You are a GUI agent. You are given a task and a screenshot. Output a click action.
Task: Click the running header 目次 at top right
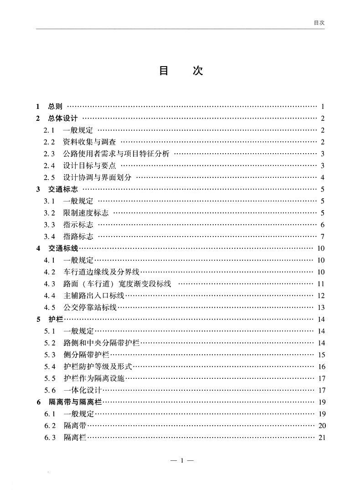[x=319, y=22]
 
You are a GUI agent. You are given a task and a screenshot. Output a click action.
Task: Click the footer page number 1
[x=182, y=460]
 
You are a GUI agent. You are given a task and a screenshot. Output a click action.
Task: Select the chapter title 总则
[x=55, y=107]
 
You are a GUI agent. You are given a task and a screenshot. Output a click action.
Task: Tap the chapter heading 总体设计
[x=63, y=119]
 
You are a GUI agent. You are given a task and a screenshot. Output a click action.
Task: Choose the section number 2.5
[x=49, y=178]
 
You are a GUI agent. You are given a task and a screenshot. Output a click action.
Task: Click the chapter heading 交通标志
[x=63, y=189]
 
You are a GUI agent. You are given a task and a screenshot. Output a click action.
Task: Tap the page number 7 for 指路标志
[x=322, y=237]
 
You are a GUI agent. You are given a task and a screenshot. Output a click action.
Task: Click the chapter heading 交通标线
[x=63, y=248]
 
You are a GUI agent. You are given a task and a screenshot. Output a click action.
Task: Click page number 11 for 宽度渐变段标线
[x=321, y=284]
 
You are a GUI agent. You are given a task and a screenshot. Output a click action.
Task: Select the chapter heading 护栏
[x=56, y=320]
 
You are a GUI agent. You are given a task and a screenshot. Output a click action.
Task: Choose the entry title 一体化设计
[x=82, y=390]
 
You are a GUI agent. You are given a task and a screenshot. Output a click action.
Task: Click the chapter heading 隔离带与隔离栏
[x=75, y=402]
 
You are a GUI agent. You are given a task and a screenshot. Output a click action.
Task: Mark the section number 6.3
[x=50, y=438]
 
